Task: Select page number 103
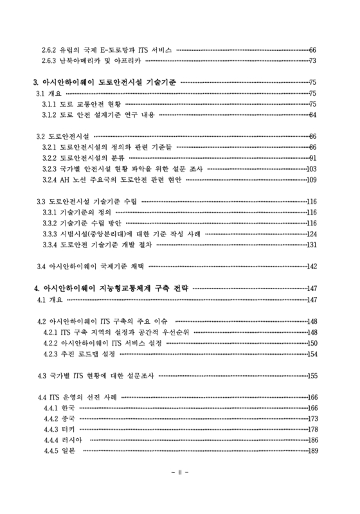point(312,169)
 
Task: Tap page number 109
point(312,180)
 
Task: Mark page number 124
point(312,234)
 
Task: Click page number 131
point(312,245)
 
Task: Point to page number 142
point(312,267)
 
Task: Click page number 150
point(312,343)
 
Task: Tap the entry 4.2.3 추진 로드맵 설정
point(84,354)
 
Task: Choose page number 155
point(312,375)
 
